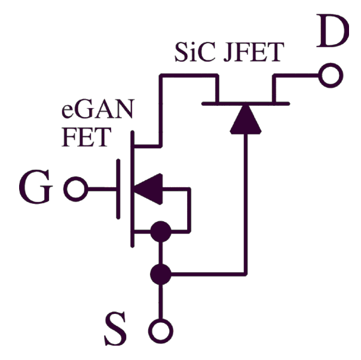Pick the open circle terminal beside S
pos(160,330)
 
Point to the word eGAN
pos(99,111)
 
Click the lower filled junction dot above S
pos(160,274)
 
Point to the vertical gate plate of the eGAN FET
pos(118,190)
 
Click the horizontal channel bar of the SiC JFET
pos(246,103)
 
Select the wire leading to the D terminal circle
pos(299,77)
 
